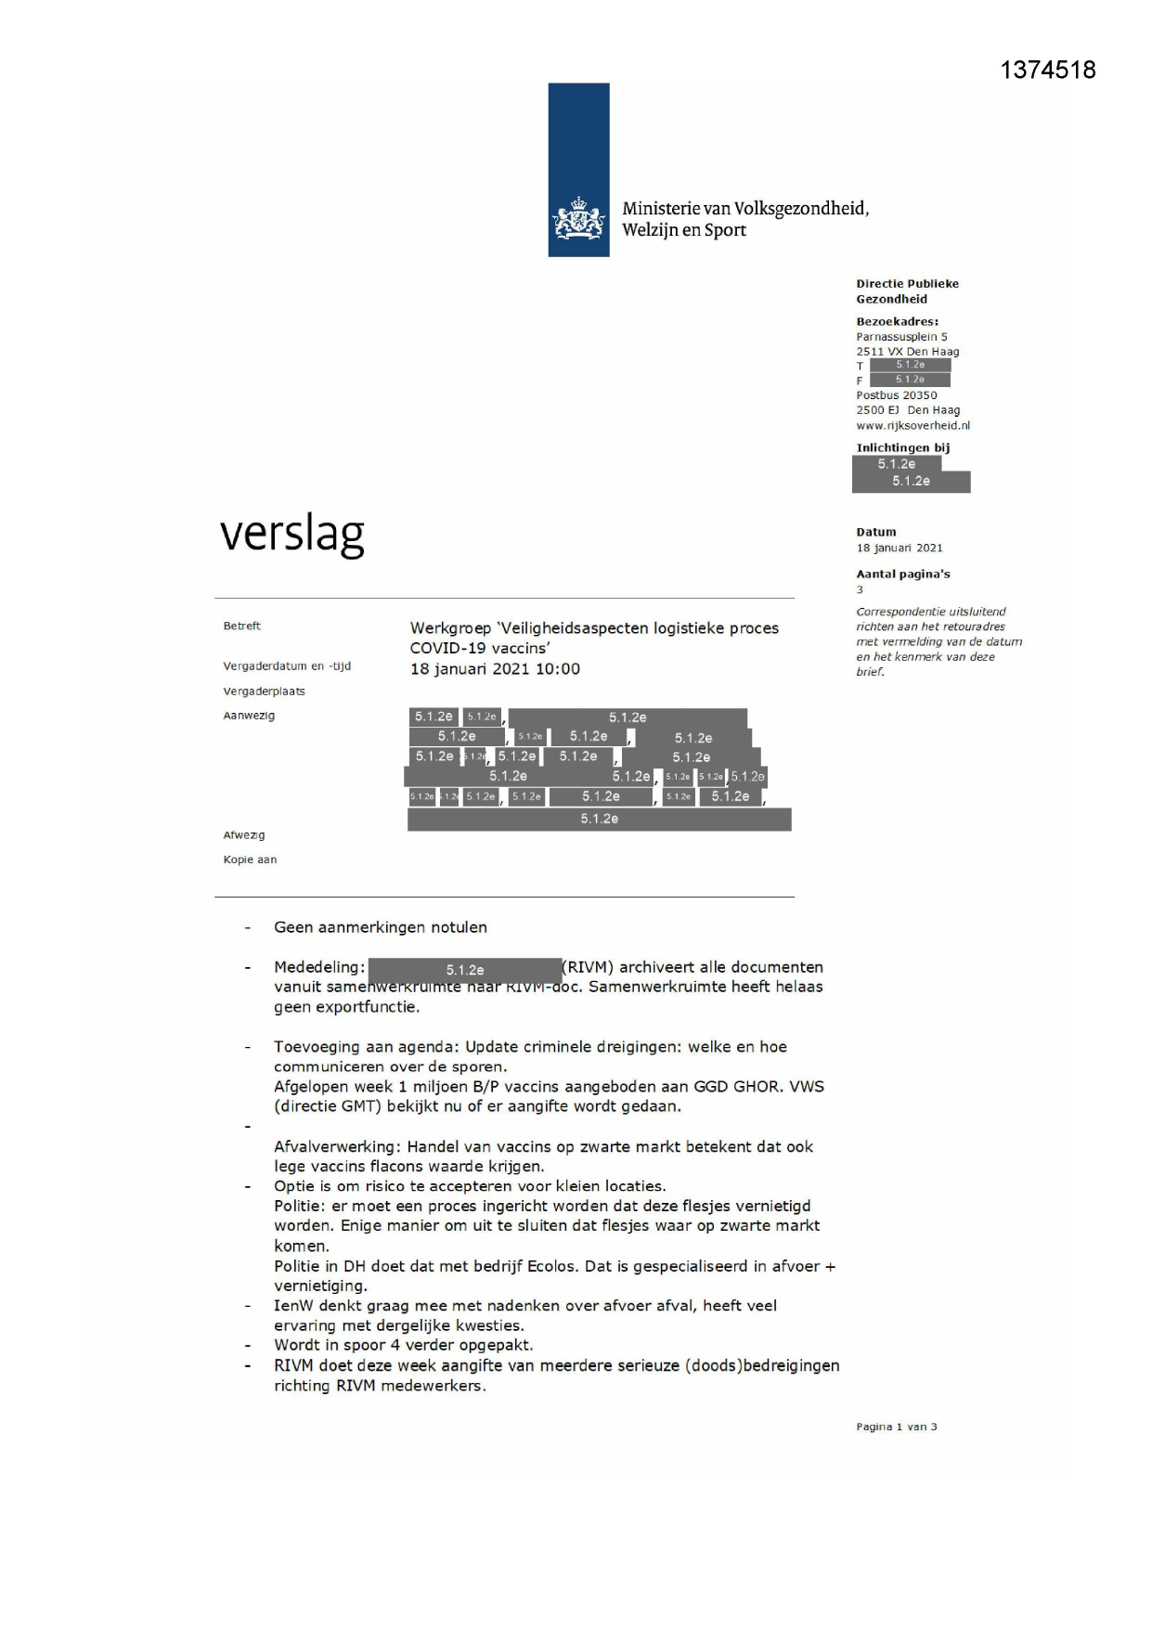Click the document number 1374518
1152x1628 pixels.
pyautogui.click(x=1047, y=71)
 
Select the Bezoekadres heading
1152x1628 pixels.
pyautogui.click(x=897, y=321)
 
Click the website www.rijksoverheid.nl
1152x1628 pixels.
pyautogui.click(x=913, y=425)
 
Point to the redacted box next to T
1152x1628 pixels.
pyautogui.click(x=910, y=365)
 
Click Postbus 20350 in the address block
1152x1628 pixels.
pyautogui.click(x=896, y=395)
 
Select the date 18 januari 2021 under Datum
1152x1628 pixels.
pyautogui.click(x=899, y=548)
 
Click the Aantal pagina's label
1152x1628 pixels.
pyautogui.click(x=902, y=574)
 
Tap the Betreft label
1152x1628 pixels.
pyautogui.click(x=241, y=626)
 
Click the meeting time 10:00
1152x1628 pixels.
pyautogui.click(x=558, y=669)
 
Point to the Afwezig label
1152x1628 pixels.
pyautogui.click(x=243, y=835)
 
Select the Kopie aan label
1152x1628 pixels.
pyautogui.click(x=250, y=859)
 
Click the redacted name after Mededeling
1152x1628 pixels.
pyautogui.click(x=464, y=970)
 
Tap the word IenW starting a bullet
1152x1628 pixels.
pyautogui.click(x=293, y=1305)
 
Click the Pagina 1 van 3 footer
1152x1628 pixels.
pyautogui.click(x=896, y=1427)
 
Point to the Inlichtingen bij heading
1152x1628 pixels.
pyautogui.click(x=902, y=447)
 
